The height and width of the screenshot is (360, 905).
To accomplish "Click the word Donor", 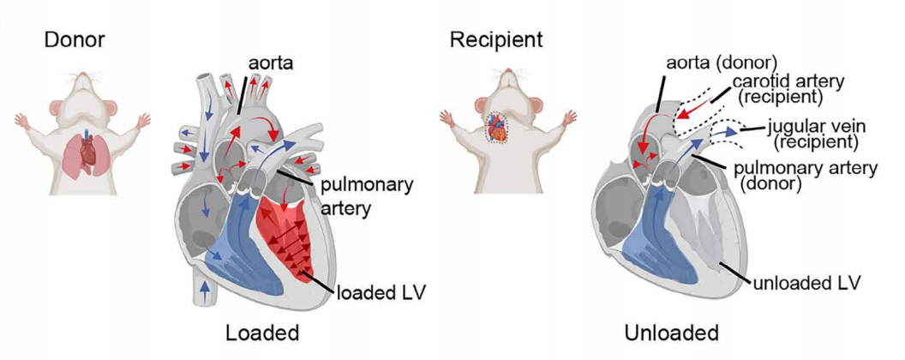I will (x=75, y=39).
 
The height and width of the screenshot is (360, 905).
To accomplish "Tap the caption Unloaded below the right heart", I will (x=673, y=333).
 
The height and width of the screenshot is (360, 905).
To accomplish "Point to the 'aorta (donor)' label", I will (x=721, y=63).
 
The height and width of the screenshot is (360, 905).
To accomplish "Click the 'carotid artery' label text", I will (x=788, y=81).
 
